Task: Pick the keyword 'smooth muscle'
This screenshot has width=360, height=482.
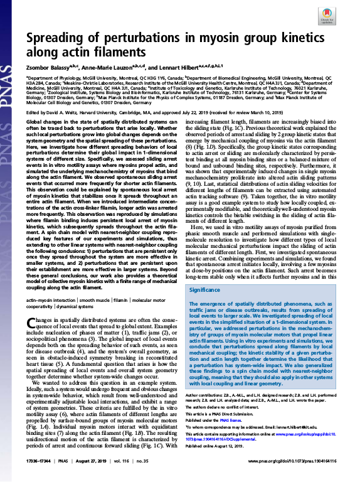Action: pyautogui.click(x=93, y=302)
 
